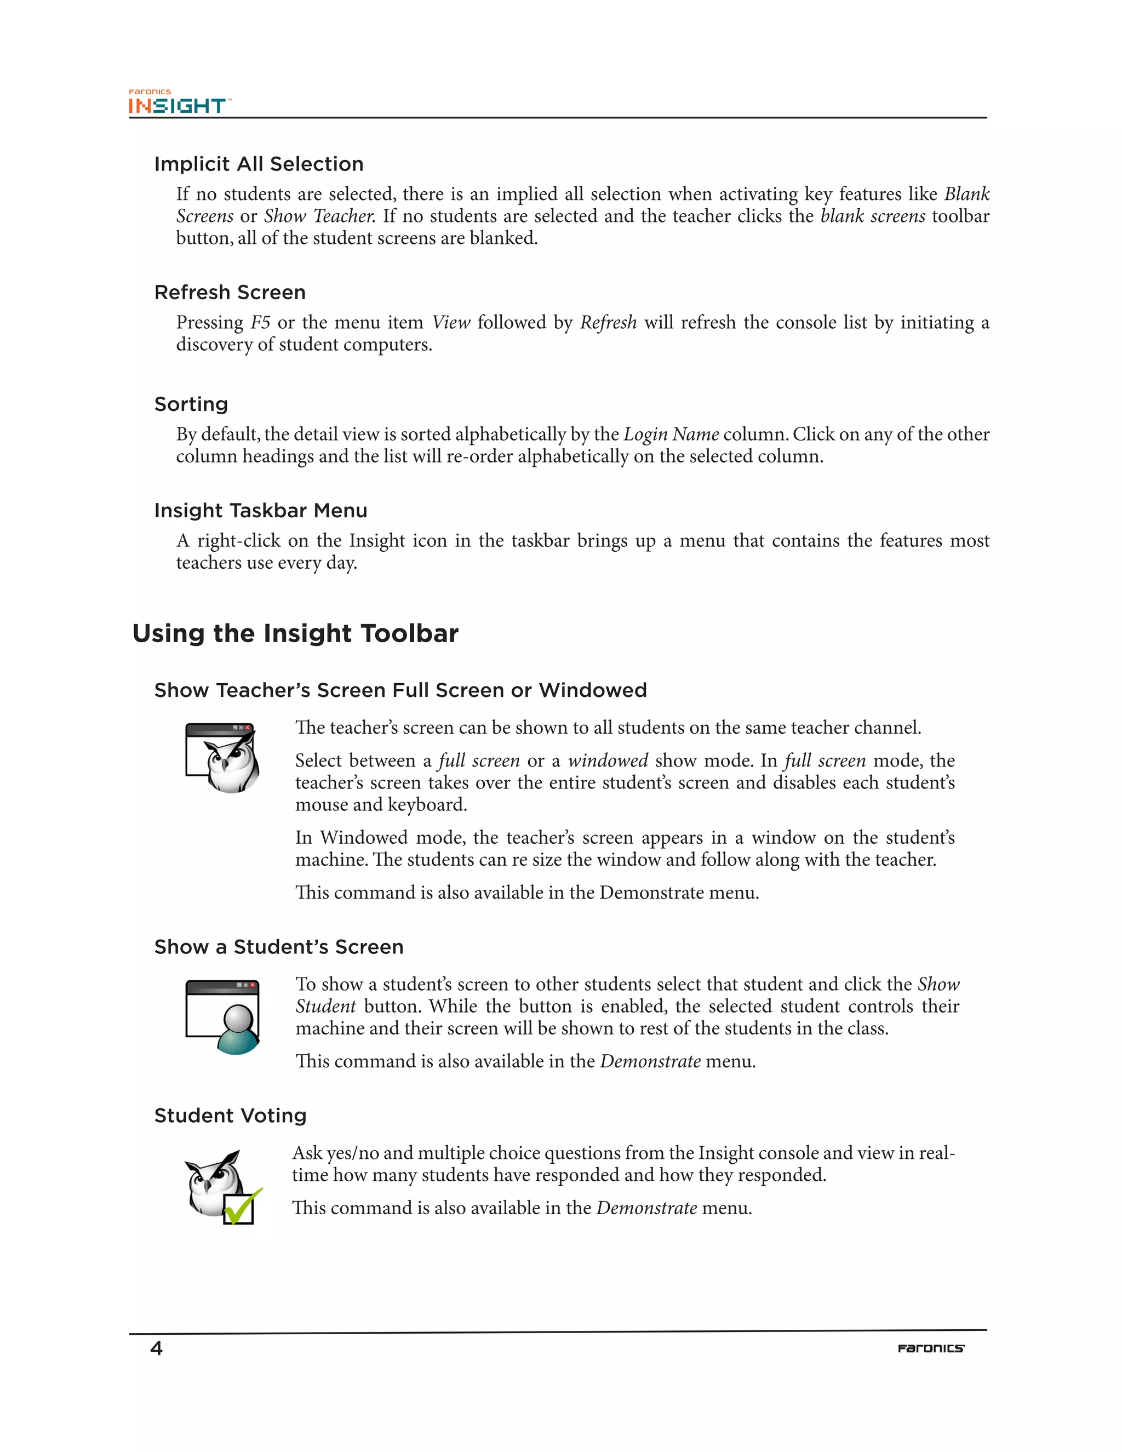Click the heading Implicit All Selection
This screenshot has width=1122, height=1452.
[x=259, y=164]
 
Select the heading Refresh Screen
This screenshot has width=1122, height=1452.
[x=230, y=293]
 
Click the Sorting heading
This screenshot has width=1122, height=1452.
[x=191, y=404]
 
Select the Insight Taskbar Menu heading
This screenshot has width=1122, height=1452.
[x=261, y=511]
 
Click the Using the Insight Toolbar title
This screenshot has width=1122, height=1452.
[x=295, y=633]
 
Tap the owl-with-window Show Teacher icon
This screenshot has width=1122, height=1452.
[x=222, y=758]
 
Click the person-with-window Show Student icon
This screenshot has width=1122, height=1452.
[x=222, y=1016]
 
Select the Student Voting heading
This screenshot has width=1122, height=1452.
[x=230, y=1116]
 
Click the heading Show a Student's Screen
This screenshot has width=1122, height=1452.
[x=278, y=947]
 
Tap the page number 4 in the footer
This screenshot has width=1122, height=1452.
[x=156, y=1348]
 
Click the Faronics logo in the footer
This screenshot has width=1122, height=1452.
[x=931, y=1348]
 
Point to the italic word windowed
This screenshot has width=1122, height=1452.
[x=608, y=761]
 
